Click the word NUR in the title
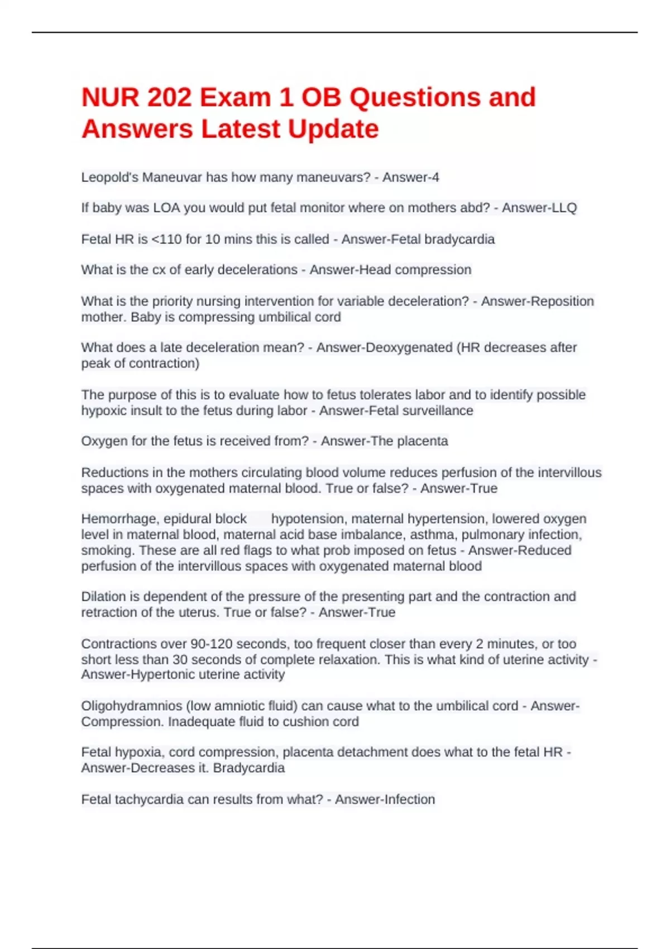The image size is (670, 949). pos(110,98)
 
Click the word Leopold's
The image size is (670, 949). pos(109,178)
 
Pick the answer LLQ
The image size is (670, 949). pos(563,208)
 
